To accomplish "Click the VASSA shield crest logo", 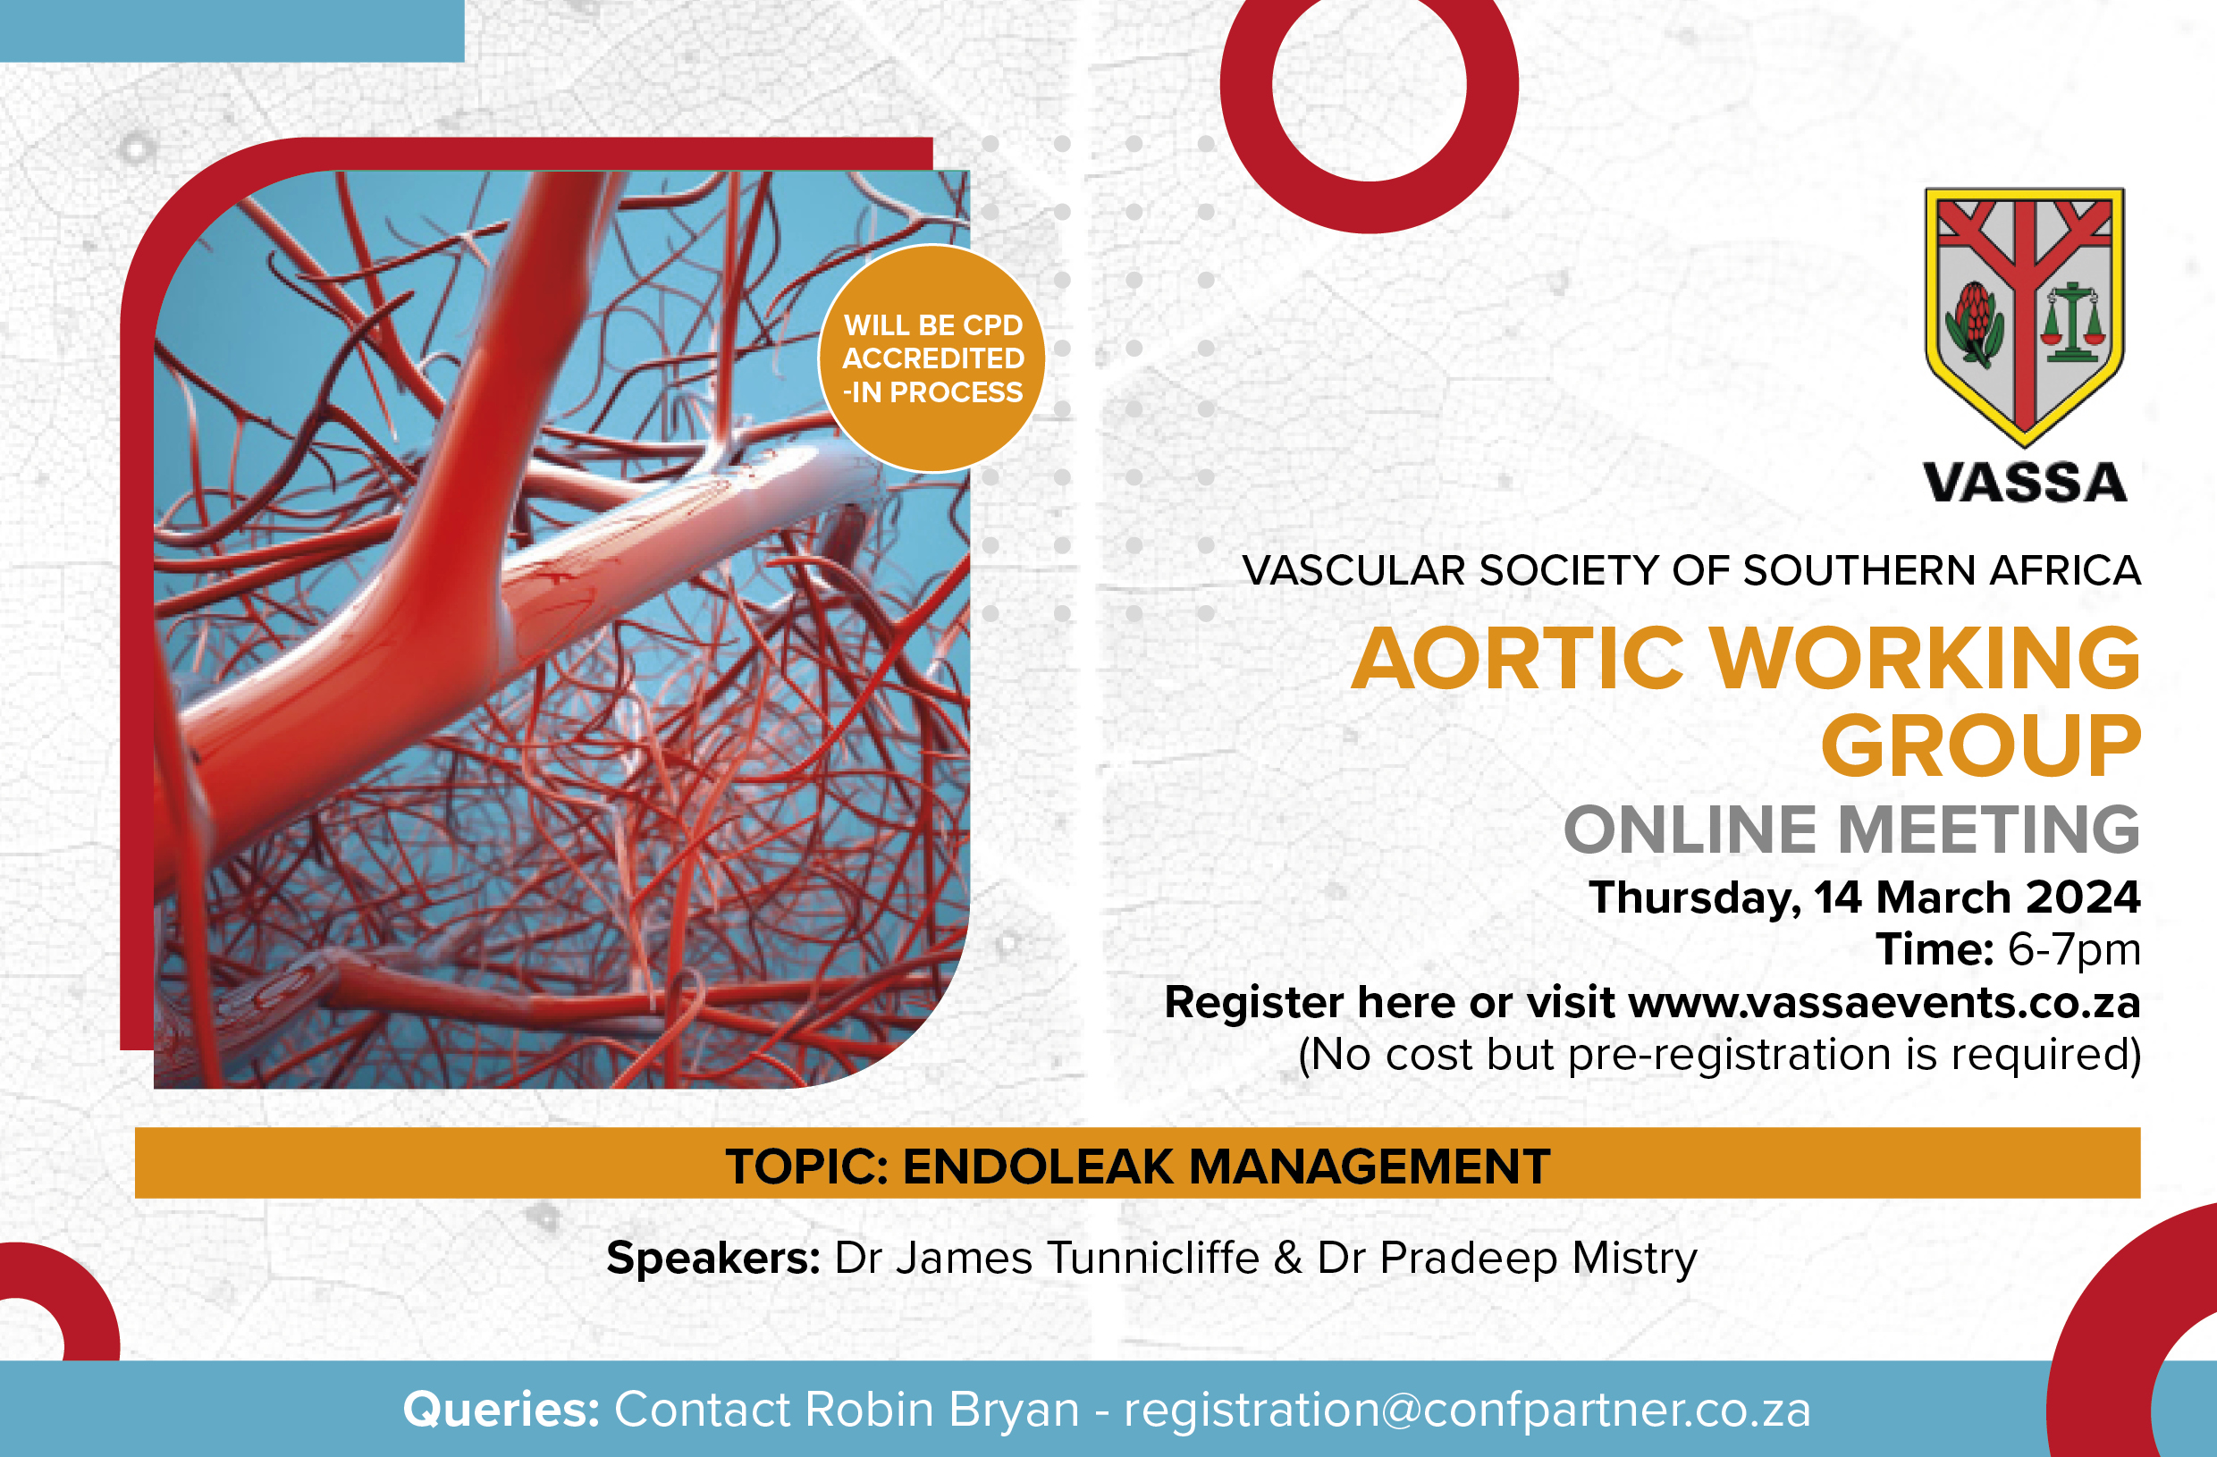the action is tap(2024, 316).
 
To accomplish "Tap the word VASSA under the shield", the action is tap(2025, 483).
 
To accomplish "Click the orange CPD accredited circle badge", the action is tap(931, 358).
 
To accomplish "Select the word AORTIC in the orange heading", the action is tap(1517, 659).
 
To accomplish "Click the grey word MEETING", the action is tap(1989, 830).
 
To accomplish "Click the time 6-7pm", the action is tap(2075, 949).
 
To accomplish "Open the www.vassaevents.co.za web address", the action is tap(1884, 1002).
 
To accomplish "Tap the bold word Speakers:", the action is tap(713, 1259).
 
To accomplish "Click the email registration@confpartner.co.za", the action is tap(1467, 1410).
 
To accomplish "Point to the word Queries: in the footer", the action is tap(502, 1409).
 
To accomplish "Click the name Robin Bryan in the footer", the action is tap(940, 1410).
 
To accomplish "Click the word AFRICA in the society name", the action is tap(2065, 570).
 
